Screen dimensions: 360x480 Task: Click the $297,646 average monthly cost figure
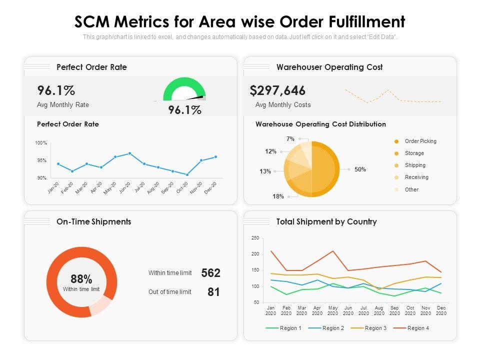277,90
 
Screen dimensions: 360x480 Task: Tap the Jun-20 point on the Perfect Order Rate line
129,153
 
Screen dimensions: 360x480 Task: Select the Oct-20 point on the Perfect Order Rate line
187,174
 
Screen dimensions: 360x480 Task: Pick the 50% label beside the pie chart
360,169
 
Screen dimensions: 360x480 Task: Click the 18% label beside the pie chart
278,196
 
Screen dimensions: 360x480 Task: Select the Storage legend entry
414,153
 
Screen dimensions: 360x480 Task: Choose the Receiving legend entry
416,177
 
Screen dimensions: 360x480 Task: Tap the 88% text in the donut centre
81,279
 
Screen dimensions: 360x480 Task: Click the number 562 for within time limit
210,273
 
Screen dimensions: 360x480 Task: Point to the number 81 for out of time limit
213,292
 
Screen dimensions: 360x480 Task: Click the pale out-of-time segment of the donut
102,305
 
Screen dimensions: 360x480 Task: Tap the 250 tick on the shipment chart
255,238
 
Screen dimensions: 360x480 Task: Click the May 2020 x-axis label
332,310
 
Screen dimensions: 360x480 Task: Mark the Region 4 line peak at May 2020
332,251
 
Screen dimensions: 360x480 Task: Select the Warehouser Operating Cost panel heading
329,67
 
